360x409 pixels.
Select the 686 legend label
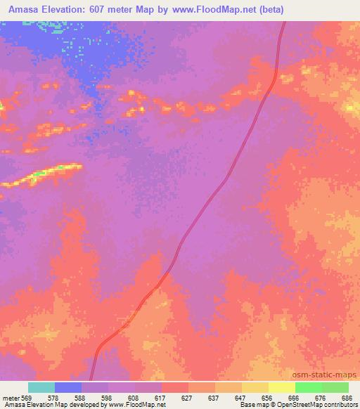click(x=346, y=397)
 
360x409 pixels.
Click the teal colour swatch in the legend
click(x=41, y=387)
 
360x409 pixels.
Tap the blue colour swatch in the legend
click(x=68, y=387)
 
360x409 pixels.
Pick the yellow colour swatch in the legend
click(x=282, y=387)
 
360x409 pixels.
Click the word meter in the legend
click(x=10, y=397)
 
